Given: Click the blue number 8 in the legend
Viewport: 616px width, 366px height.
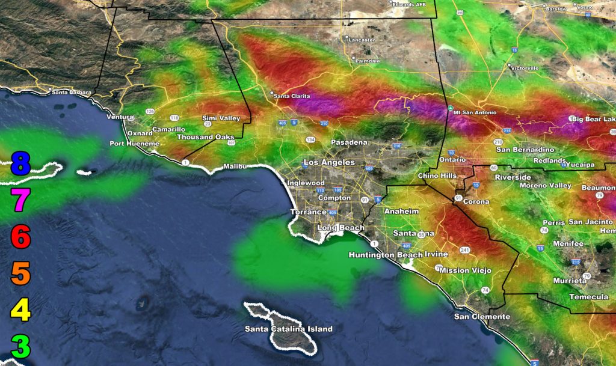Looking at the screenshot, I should (x=20, y=163).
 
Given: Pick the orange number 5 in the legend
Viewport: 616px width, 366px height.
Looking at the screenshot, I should (x=20, y=274).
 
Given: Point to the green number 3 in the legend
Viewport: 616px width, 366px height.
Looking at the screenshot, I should (x=20, y=347).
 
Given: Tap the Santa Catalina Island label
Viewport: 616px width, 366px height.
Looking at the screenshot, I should (x=288, y=329).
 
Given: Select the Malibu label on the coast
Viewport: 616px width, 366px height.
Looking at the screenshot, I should (x=236, y=166).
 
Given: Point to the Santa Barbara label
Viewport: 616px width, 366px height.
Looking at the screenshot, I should (x=71, y=92).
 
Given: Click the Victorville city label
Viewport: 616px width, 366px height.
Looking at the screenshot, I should (x=525, y=68).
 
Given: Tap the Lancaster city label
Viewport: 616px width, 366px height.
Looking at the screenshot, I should (x=361, y=40).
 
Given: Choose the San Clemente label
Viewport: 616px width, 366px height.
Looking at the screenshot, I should (x=482, y=316).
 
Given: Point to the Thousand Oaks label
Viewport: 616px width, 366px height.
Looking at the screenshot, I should (x=205, y=137).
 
